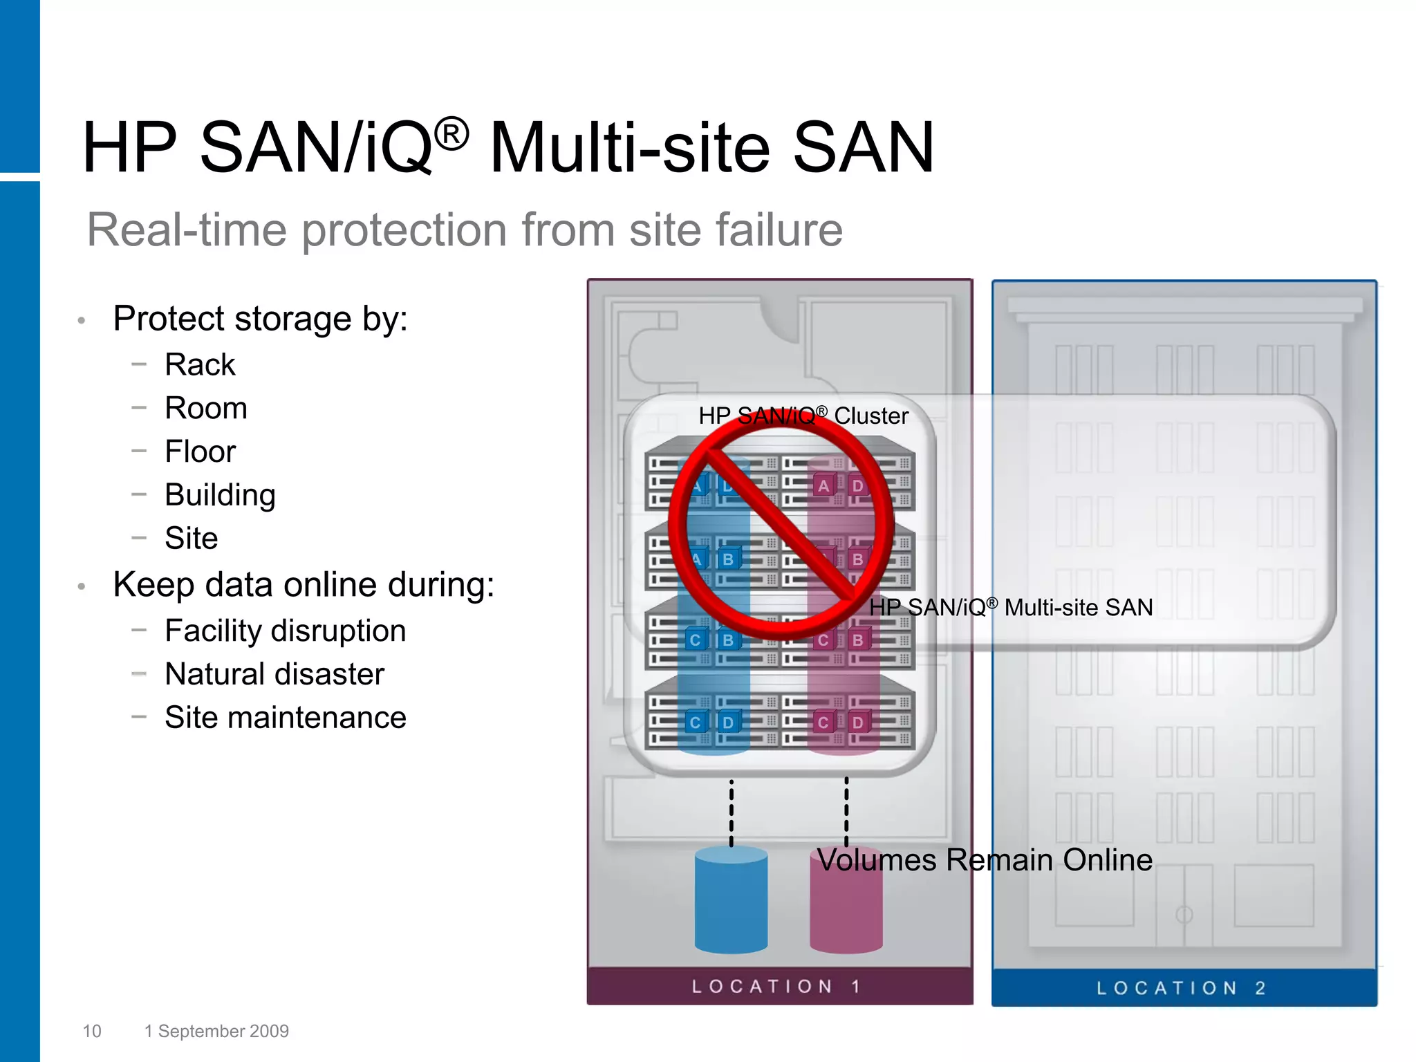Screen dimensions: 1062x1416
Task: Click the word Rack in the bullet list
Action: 200,364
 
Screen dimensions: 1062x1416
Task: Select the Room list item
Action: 206,408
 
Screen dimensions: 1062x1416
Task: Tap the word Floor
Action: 200,451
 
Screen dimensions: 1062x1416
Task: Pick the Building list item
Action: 220,495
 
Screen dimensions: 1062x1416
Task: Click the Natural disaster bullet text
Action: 274,674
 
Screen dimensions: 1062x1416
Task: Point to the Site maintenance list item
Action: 285,718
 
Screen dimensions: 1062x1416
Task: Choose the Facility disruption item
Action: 285,631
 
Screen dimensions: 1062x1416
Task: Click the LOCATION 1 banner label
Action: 776,987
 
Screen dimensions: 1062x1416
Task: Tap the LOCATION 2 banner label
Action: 1182,988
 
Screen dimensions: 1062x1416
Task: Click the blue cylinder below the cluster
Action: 731,902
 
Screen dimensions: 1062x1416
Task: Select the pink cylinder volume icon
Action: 845,913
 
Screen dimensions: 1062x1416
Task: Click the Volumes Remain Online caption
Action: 984,860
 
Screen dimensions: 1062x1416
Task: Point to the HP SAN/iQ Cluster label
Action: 803,416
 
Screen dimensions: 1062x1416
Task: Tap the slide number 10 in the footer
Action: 92,1031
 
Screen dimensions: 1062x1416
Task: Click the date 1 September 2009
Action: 216,1031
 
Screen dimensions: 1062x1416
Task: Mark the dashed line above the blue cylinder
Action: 732,812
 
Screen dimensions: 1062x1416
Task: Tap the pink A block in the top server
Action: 823,486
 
